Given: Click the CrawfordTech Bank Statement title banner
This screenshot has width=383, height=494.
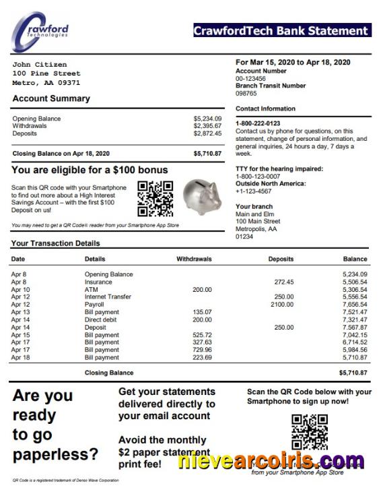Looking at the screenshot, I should pyautogui.click(x=281, y=30).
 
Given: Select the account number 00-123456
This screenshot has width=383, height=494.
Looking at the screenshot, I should pyautogui.click(x=250, y=78).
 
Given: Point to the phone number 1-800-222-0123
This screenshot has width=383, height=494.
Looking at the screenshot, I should pyautogui.click(x=258, y=123).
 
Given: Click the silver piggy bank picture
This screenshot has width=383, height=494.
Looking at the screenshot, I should pyautogui.click(x=203, y=195).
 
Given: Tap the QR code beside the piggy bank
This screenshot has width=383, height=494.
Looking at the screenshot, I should pyautogui.click(x=155, y=198).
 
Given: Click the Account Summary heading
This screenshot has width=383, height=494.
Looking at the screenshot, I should pyautogui.click(x=51, y=98).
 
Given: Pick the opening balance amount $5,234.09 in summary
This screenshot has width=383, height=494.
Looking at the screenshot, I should pyautogui.click(x=207, y=119).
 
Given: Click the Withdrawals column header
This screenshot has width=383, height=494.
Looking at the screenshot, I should pyautogui.click(x=194, y=259).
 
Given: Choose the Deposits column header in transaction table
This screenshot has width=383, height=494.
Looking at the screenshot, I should pyautogui.click(x=281, y=259).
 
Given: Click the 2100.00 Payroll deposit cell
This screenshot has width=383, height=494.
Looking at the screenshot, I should pyautogui.click(x=282, y=305).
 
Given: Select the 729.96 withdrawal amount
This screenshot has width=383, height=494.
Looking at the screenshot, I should pyautogui.click(x=202, y=350).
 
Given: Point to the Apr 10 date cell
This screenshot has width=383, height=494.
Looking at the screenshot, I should pyautogui.click(x=20, y=289).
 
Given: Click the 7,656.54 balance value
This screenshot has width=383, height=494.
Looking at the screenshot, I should pyautogui.click(x=354, y=305).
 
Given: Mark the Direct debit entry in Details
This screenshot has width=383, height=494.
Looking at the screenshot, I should pyautogui.click(x=102, y=319).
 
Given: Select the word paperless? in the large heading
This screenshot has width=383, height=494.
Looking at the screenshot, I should pyautogui.click(x=55, y=454).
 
